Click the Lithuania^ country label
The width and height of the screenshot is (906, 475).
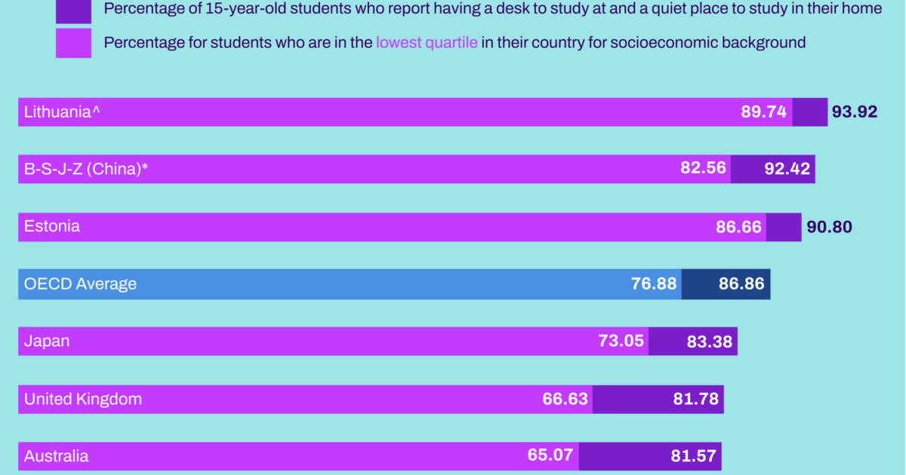click(62, 112)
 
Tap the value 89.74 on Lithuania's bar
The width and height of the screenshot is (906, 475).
click(764, 112)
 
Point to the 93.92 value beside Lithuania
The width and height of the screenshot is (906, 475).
click(855, 112)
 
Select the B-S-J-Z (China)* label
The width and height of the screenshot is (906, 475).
click(85, 170)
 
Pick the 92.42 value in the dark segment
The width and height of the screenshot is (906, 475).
click(787, 170)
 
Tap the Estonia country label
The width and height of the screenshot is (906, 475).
click(52, 226)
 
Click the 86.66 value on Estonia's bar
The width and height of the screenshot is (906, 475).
click(738, 227)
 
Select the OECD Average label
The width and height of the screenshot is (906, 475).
click(80, 284)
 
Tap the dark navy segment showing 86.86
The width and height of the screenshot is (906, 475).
click(726, 284)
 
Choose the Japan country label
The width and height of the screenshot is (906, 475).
click(47, 341)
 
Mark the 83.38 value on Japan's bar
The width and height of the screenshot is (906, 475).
click(710, 342)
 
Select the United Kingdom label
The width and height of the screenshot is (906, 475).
click(83, 399)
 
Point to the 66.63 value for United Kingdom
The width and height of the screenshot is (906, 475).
click(565, 399)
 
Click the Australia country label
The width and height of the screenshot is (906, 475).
click(56, 456)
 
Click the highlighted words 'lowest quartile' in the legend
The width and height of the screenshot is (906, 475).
click(427, 42)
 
